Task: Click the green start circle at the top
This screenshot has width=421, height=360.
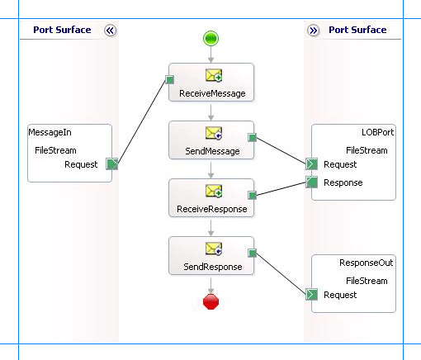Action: [210, 38]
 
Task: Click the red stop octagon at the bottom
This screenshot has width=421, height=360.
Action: [210, 302]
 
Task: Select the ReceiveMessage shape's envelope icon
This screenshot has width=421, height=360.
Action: [212, 77]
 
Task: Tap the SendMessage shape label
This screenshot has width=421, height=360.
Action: [212, 151]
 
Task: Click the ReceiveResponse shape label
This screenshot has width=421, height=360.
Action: [212, 209]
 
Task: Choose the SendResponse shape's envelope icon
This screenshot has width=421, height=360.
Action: [212, 249]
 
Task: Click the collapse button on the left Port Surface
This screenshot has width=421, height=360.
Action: [111, 30]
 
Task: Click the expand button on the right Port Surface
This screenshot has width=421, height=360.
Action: [314, 30]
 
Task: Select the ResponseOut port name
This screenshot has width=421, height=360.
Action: [367, 263]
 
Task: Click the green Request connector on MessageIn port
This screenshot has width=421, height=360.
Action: [112, 164]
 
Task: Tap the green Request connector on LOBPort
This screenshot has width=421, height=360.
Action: [312, 164]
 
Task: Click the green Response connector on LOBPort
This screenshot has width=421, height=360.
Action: [312, 182]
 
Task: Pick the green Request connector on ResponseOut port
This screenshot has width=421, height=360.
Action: [312, 295]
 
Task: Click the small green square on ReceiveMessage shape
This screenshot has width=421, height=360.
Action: [168, 80]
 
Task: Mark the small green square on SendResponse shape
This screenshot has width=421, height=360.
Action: [252, 253]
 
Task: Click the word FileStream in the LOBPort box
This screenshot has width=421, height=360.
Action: [366, 150]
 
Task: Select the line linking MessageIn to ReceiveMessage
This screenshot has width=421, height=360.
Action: [141, 121]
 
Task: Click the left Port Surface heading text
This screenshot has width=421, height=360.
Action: [62, 30]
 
